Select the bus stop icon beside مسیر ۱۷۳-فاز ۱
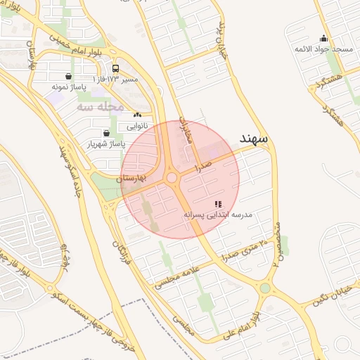pyautogui.click(x=115, y=69)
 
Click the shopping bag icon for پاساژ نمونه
pyautogui.click(x=68, y=77)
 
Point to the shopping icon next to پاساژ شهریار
pyautogui.click(x=106, y=133)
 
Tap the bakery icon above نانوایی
pyautogui.click(x=137, y=115)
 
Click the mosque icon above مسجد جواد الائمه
pyautogui.click(x=323, y=39)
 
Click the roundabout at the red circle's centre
pyautogui.click(x=172, y=178)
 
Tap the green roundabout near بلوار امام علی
pyautogui.click(x=265, y=288)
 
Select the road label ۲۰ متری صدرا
pyautogui.click(x=244, y=250)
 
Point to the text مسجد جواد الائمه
pyautogui.click(x=323, y=49)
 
